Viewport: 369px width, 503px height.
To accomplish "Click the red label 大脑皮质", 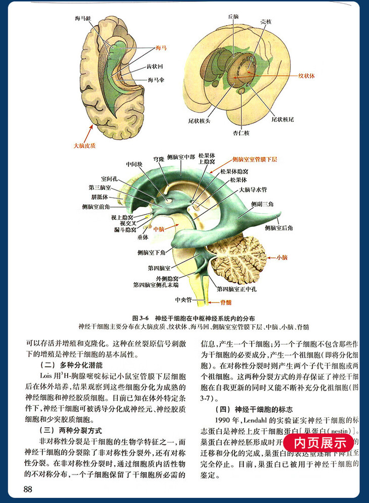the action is coord(84,145).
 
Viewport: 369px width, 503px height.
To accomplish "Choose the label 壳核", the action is coord(266,22).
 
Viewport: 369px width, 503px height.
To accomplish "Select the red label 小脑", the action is coord(282,258).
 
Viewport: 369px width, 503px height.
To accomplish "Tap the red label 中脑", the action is coord(159,228).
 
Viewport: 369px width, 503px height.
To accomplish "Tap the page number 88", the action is coord(28,489).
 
